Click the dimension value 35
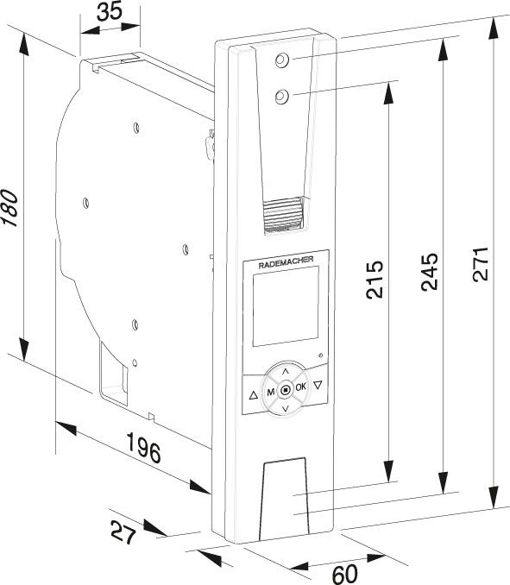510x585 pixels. [x=110, y=11]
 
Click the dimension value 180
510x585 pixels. [x=9, y=208]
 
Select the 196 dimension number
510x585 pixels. [x=144, y=447]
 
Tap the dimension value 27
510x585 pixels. [x=123, y=532]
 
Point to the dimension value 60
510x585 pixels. [x=344, y=574]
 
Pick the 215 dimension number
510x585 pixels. [x=375, y=280]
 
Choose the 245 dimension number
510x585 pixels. [x=430, y=272]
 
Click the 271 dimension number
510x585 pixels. [x=481, y=263]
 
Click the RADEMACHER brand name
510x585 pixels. [x=286, y=262]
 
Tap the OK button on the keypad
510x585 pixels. [x=300, y=387]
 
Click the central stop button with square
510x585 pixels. [x=286, y=390]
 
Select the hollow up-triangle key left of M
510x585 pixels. [x=254, y=395]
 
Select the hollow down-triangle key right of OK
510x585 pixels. [x=318, y=385]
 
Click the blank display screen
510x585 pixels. [x=286, y=306]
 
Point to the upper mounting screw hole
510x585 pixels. [x=281, y=60]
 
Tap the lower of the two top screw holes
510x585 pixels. [x=281, y=97]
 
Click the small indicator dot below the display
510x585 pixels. [x=321, y=355]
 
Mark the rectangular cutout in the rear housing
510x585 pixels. [x=114, y=373]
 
